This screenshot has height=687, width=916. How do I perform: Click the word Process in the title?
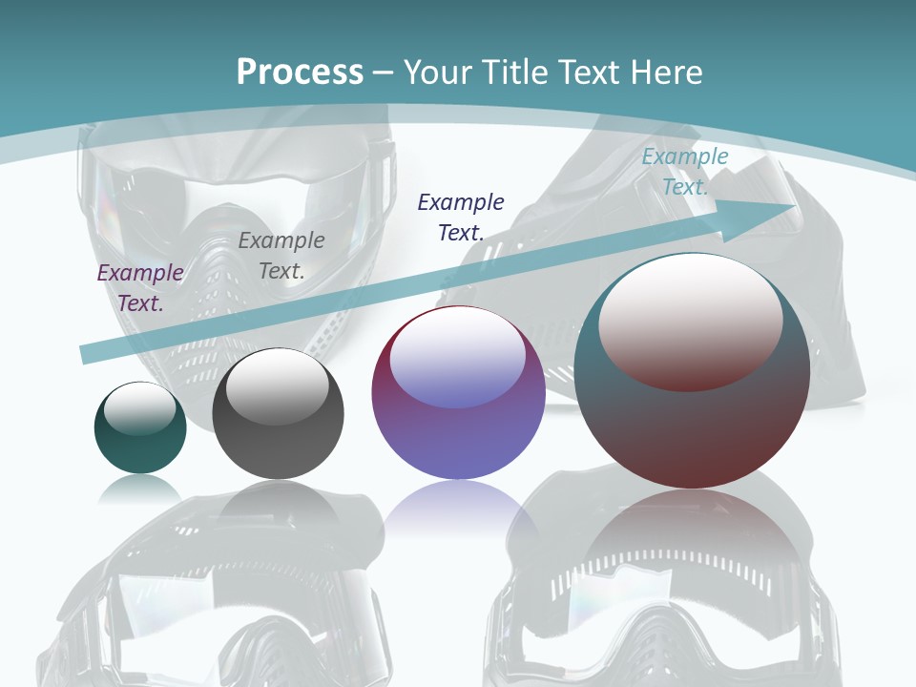tap(300, 73)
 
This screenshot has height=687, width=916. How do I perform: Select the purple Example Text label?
tap(140, 287)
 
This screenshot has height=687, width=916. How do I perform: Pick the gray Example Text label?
tap(281, 255)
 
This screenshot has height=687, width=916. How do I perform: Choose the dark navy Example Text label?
tap(461, 217)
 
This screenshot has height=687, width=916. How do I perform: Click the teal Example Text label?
tap(685, 172)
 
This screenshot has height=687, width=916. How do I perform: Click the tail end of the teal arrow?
tap(84, 355)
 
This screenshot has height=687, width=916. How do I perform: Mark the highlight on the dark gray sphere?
tap(277, 385)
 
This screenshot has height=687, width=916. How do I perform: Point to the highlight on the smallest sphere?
tap(139, 408)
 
